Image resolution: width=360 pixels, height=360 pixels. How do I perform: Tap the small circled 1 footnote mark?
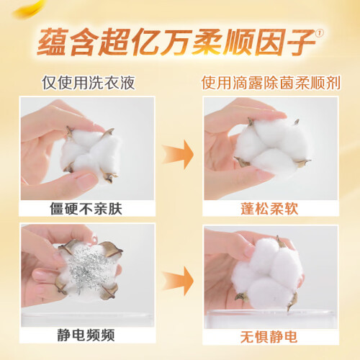320,33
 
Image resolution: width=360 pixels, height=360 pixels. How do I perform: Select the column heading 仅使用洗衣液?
89,83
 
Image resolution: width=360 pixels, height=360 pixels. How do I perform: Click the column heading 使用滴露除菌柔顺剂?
271,83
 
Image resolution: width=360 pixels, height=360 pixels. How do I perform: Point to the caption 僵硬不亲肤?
86,209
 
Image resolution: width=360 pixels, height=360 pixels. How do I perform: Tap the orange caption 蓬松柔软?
269,209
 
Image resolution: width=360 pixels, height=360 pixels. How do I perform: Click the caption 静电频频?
86,335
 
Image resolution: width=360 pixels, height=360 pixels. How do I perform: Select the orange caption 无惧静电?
269,336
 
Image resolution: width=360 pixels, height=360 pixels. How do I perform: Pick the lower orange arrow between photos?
178,281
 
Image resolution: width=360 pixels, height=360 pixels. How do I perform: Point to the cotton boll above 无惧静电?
266,274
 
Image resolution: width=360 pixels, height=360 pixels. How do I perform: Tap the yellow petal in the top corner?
30,9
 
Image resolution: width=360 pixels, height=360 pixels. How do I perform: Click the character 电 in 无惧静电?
291,336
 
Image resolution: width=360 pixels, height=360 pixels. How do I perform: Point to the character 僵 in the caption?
57,209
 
